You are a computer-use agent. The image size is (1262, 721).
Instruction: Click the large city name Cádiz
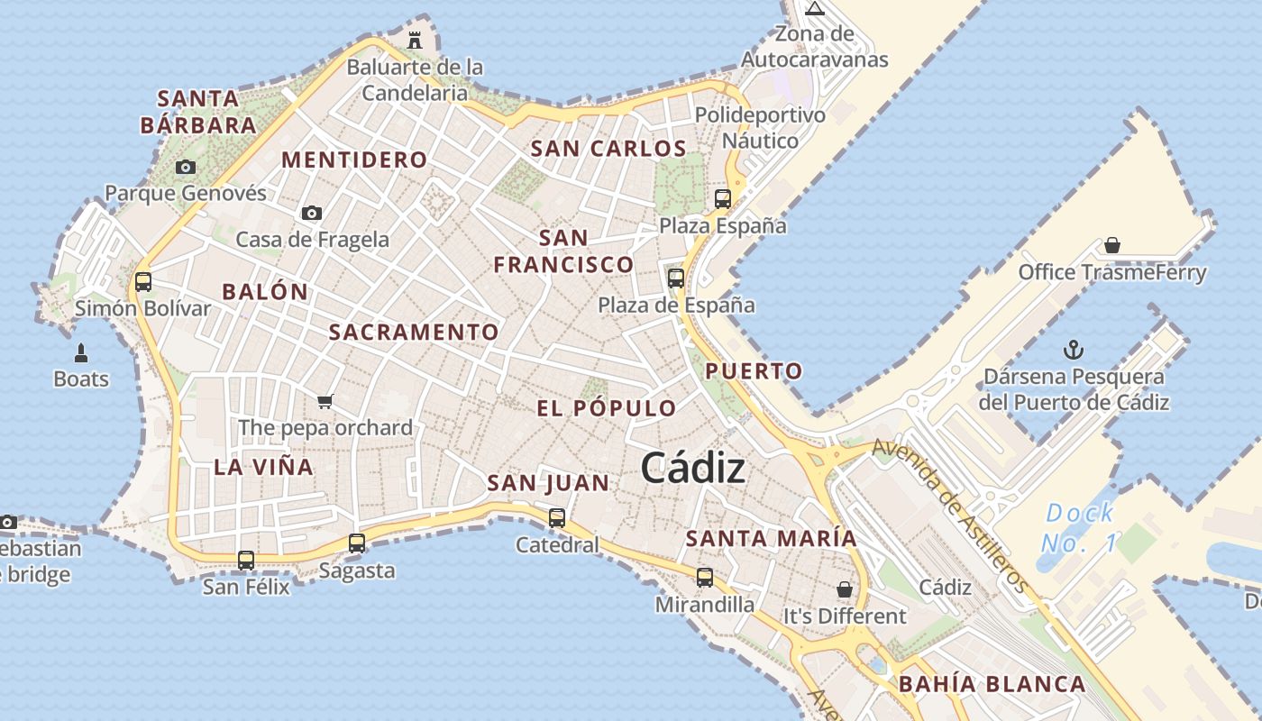[692, 468]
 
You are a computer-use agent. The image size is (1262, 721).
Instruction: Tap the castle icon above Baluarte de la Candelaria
[415, 41]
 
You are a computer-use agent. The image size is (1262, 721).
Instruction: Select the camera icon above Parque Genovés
[186, 167]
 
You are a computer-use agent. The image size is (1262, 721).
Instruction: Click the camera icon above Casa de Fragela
[312, 213]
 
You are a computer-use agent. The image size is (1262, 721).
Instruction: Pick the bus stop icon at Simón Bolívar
[142, 281]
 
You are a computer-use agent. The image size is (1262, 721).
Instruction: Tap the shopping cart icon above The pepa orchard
[325, 401]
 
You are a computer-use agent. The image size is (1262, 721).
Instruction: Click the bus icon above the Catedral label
[557, 517]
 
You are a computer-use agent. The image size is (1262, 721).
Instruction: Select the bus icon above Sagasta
[357, 543]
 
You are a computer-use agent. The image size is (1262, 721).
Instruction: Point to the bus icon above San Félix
[246, 560]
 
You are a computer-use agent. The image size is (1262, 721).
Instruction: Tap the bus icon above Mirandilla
[705, 578]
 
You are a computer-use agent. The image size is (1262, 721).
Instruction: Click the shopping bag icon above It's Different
[845, 589]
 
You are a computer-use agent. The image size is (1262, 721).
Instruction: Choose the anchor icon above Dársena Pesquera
[1074, 350]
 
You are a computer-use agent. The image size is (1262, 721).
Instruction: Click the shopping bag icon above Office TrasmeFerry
[1112, 245]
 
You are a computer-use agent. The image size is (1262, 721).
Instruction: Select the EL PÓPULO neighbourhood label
[606, 408]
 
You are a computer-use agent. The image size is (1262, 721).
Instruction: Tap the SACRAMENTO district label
[413, 332]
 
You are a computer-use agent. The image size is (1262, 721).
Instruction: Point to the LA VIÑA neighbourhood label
[263, 467]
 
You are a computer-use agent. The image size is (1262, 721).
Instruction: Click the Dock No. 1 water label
[1080, 528]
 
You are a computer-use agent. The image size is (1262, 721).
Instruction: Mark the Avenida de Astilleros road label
[950, 515]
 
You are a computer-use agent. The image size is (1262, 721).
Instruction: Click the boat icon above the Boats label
[81, 352]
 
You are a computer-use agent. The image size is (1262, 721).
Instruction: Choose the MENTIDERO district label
[354, 160]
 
